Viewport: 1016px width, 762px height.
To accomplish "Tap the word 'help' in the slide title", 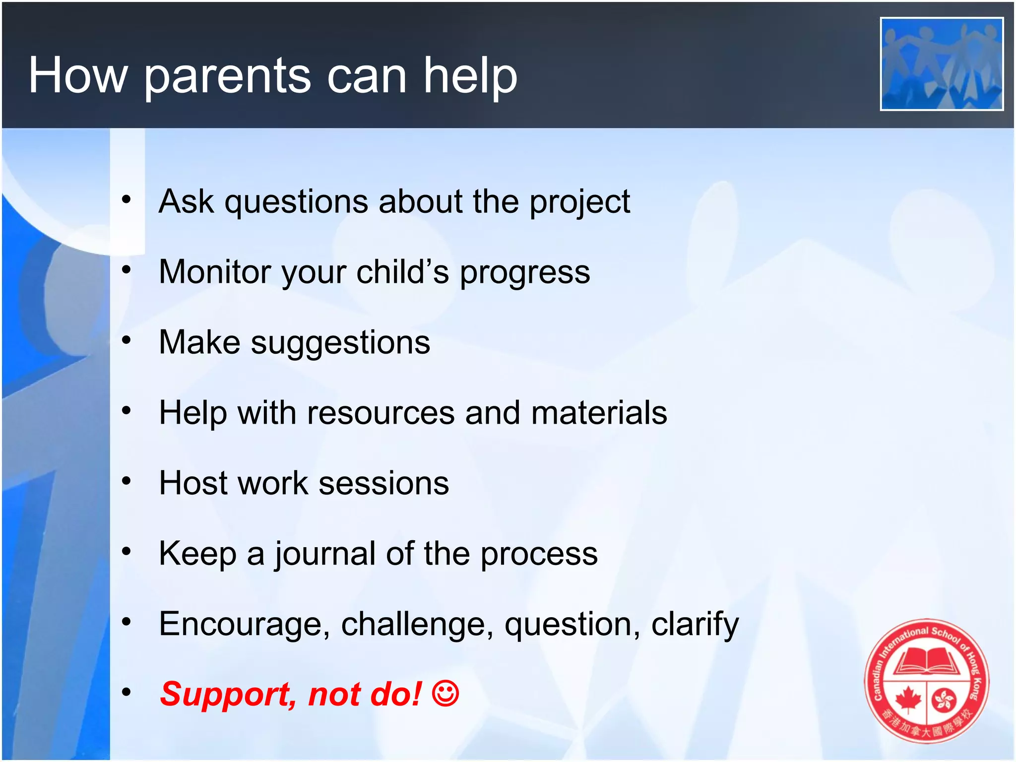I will [x=470, y=75].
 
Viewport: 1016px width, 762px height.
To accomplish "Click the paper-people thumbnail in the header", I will [x=941, y=64].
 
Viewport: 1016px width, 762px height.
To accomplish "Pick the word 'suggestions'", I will [x=340, y=343].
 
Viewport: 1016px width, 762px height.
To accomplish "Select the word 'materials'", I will [x=599, y=413].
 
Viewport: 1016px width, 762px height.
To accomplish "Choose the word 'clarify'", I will [x=695, y=625].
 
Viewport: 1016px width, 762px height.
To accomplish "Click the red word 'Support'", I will [x=227, y=694].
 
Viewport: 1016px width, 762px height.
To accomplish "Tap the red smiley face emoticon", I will [x=445, y=694].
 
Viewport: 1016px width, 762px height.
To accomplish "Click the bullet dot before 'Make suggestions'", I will [x=127, y=340].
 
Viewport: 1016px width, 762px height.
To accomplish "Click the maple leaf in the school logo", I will [x=908, y=700].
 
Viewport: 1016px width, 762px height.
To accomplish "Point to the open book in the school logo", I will [x=926, y=662].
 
